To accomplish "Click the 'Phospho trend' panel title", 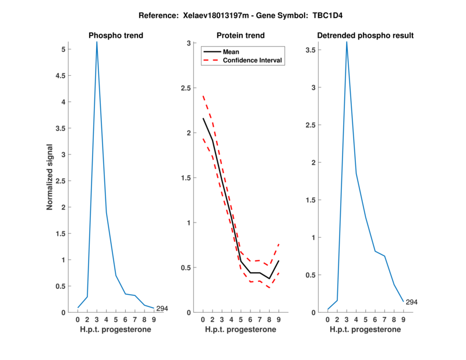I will pyautogui.click(x=116, y=36).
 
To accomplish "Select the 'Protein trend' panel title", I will pyautogui.click(x=241, y=36).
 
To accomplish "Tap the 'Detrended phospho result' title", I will pyautogui.click(x=365, y=36).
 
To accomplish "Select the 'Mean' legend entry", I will pyautogui.click(x=231, y=52).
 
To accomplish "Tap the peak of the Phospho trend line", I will pyautogui.click(x=97, y=42).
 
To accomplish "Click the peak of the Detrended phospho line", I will pyautogui.click(x=347, y=41).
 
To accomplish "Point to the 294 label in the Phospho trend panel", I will pyautogui.click(x=162, y=309).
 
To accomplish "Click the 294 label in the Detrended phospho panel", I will pyautogui.click(x=411, y=302).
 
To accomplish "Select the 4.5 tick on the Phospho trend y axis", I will pyautogui.click(x=66, y=76).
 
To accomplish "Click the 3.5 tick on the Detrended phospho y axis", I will pyautogui.click(x=316, y=50).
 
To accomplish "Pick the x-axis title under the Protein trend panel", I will pyautogui.click(x=241, y=330).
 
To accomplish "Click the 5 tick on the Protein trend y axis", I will pyautogui.click(x=241, y=319).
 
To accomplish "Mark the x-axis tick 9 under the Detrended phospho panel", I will pyautogui.click(x=403, y=319).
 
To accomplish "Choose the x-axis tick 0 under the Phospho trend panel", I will pyautogui.click(x=78, y=319).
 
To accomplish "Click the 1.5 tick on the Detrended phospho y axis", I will pyautogui.click(x=316, y=200).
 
